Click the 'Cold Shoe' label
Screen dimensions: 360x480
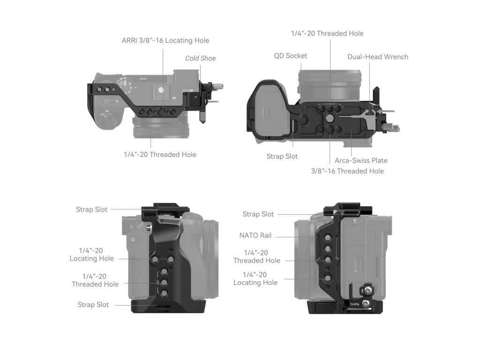point(200,58)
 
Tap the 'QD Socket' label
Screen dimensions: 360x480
point(291,56)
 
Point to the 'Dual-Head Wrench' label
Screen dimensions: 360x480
point(377,57)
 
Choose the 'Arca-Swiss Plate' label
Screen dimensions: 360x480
point(361,160)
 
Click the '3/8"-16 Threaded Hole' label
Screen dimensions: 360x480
point(347,171)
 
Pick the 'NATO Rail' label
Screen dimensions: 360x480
point(255,235)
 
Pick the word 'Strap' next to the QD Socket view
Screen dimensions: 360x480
point(276,156)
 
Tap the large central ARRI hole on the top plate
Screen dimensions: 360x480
point(161,112)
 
